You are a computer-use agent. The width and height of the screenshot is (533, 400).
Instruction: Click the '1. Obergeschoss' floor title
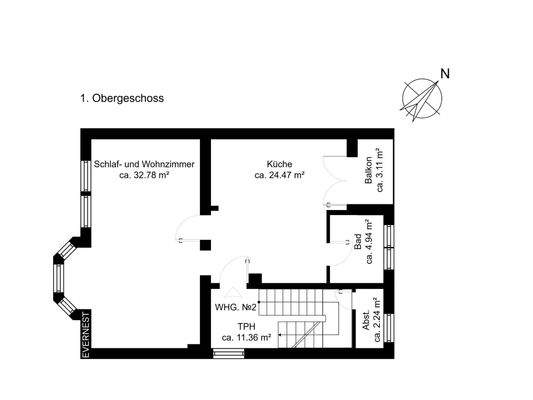coord(122,99)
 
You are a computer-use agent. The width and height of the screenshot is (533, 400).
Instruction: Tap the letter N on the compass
coord(446,74)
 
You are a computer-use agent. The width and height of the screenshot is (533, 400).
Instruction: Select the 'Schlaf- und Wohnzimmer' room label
coord(144,163)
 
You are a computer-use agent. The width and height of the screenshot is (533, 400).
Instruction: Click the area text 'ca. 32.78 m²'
coord(144,175)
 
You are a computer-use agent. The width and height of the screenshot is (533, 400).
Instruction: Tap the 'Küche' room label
coord(279,163)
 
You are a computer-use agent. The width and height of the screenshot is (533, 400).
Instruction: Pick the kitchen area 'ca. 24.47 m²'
coord(279,175)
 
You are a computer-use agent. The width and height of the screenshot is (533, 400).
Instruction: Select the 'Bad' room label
coord(357,240)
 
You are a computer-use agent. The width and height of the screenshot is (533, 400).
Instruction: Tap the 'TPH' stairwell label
coord(243,326)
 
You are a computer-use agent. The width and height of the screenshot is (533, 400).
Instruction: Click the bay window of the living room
coord(65,275)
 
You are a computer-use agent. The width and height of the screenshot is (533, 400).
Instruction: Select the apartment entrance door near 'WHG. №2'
coord(236,272)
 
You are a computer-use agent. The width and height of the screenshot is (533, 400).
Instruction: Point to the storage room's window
coord(390,327)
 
